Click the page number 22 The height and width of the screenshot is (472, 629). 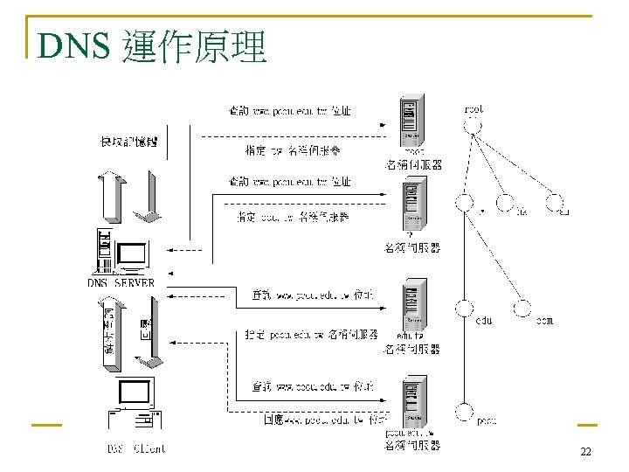[585, 452]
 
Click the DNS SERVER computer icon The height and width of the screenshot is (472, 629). [121, 253]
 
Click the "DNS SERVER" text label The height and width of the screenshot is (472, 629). [121, 282]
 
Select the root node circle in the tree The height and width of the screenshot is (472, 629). [473, 128]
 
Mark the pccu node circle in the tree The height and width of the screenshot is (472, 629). [464, 411]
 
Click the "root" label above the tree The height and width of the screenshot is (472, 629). [473, 109]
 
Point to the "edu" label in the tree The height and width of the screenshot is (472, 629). [483, 321]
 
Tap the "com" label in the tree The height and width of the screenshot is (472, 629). [543, 321]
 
